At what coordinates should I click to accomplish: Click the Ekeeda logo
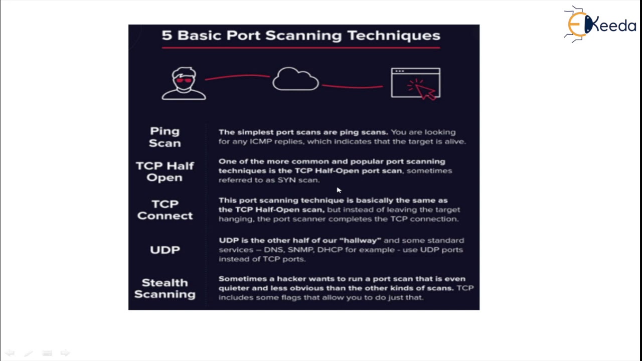tap(600, 24)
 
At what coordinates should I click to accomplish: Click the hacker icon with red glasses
tap(184, 84)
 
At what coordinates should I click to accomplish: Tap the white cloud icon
tap(295, 79)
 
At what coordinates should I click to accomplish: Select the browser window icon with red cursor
tap(416, 83)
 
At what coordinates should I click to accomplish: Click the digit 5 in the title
tap(167, 36)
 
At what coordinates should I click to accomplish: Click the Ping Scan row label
tap(165, 137)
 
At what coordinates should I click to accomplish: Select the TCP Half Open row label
tap(165, 171)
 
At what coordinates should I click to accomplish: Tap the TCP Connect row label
tap(165, 210)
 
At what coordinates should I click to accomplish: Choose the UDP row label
tap(165, 250)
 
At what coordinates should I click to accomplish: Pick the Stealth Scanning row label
tap(165, 288)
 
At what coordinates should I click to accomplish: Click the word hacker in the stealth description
tap(291, 279)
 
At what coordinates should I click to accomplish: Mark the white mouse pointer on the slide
tap(339, 190)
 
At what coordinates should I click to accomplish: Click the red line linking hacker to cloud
tap(237, 77)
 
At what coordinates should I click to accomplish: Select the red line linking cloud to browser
tap(353, 87)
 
